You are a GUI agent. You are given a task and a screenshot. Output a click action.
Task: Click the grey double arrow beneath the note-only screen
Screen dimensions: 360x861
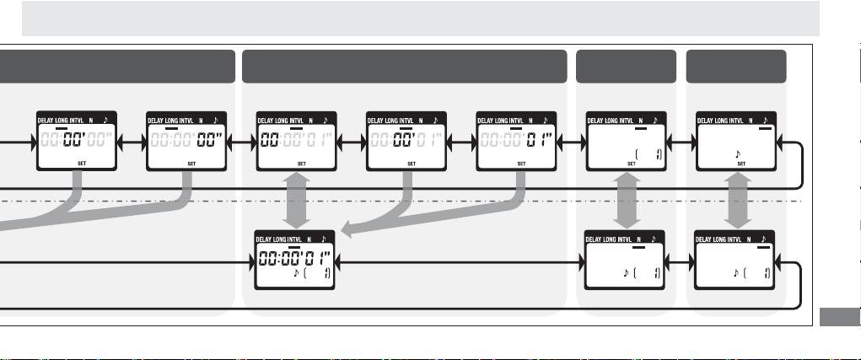[740, 203]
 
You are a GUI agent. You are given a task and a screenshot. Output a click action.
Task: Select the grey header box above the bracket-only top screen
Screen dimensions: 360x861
[626, 66]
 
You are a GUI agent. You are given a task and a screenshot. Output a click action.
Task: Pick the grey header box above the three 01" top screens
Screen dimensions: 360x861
[404, 66]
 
